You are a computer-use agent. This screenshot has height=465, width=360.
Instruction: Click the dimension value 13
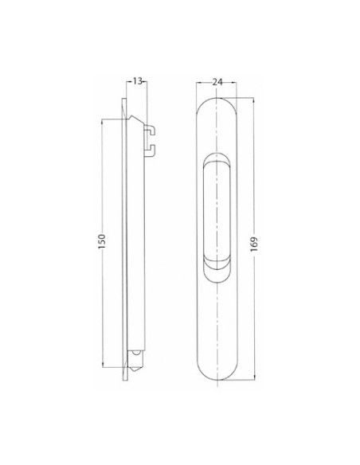click(x=137, y=81)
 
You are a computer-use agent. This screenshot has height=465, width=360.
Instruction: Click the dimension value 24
click(x=217, y=82)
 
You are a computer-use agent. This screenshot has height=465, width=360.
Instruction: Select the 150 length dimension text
click(x=102, y=241)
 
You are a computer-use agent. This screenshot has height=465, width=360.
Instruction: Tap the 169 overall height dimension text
click(x=254, y=244)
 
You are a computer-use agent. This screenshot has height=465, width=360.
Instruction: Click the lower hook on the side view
click(x=150, y=150)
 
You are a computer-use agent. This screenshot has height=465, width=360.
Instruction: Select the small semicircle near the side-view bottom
click(x=136, y=353)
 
